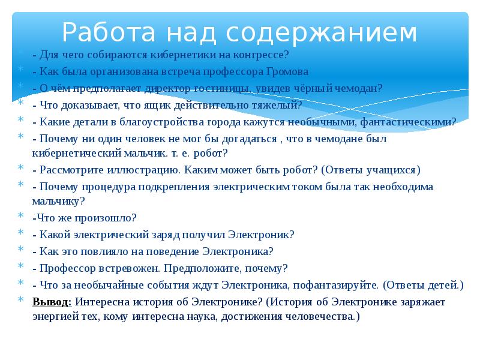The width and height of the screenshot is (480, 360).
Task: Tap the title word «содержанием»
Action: point(321,32)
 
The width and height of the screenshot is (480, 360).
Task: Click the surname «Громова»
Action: point(286,71)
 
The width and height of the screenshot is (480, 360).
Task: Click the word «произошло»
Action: point(112,217)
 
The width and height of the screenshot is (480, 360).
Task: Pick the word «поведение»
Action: point(178,251)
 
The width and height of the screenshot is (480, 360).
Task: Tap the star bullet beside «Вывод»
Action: point(20,301)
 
